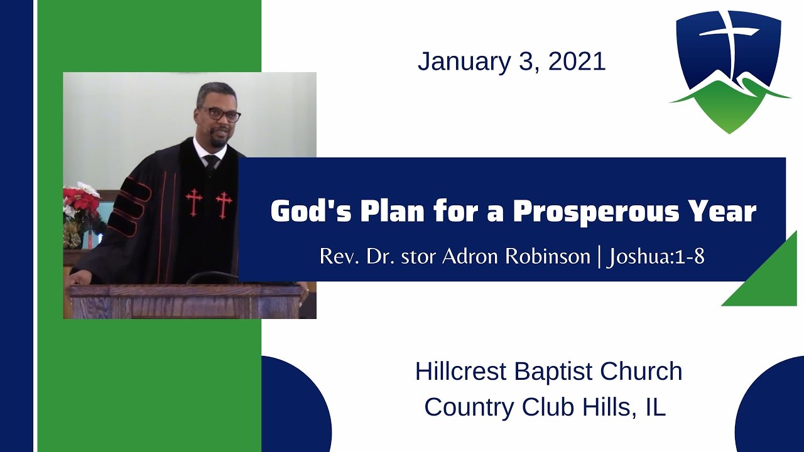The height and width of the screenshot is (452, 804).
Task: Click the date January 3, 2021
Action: coord(511,62)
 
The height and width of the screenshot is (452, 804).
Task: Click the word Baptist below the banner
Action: coord(553,371)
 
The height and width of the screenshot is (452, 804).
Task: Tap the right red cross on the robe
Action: coord(224,205)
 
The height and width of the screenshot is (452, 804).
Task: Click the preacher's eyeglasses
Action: coord(220,115)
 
